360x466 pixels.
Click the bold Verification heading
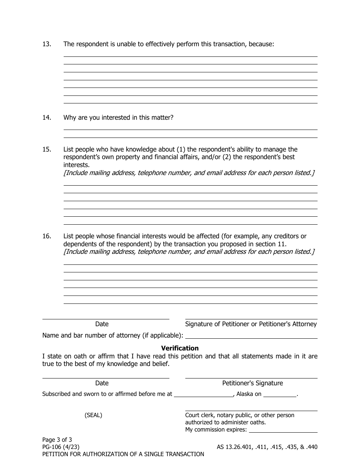click(180, 348)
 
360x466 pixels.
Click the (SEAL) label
click(93, 415)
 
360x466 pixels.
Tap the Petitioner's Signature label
click(252, 383)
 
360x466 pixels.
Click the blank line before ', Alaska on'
click(203, 394)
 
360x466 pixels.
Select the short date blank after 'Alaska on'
click(280, 394)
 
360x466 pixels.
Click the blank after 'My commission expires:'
click(283, 430)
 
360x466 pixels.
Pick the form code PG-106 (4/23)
click(61, 447)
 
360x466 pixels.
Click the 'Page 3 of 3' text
click(57, 439)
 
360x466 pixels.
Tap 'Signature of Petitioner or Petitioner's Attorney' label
click(251, 324)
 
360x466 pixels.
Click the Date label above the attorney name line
click(102, 324)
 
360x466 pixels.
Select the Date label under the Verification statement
click(102, 383)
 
